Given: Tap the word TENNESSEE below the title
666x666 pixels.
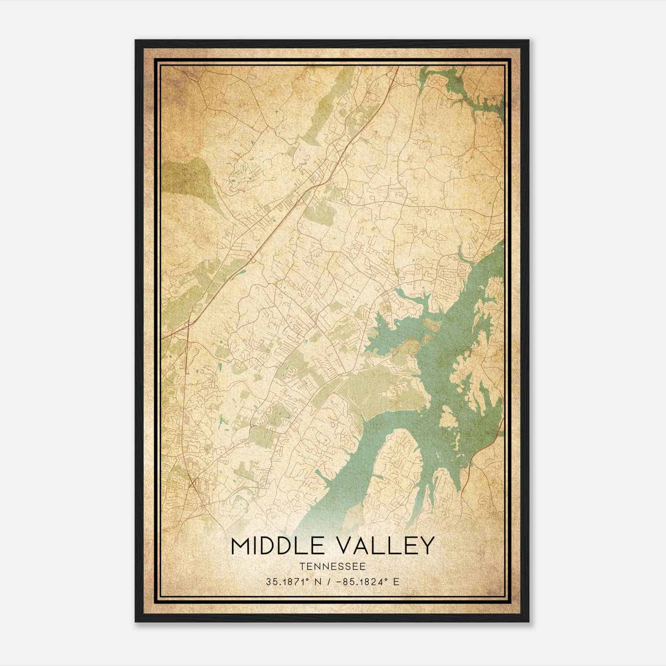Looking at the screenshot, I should (x=332, y=567).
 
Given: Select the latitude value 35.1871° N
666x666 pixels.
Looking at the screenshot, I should (x=292, y=582).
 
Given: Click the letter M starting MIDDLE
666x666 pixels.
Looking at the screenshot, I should (x=241, y=546).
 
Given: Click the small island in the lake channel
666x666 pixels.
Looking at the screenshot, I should (x=448, y=416).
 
